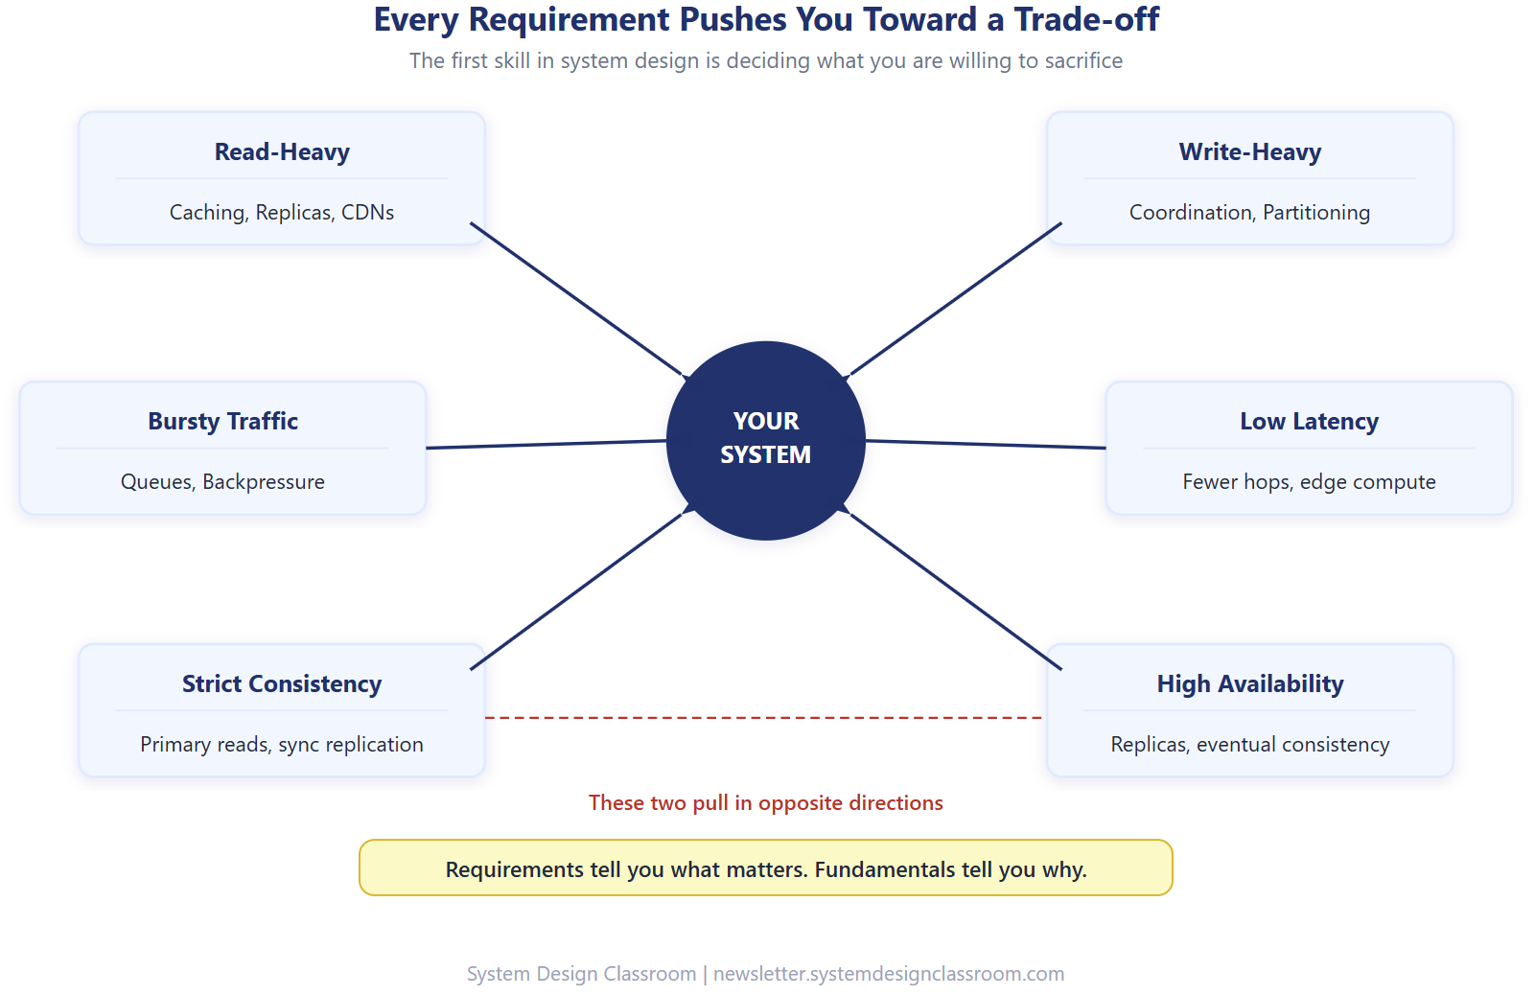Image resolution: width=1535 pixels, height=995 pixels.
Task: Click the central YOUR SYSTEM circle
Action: (x=765, y=440)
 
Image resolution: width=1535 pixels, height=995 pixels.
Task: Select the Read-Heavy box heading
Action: (x=282, y=152)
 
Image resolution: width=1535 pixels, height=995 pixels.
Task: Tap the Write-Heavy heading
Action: (x=1249, y=152)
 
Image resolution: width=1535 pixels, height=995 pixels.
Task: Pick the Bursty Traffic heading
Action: (x=222, y=422)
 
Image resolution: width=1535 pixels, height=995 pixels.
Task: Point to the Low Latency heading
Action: (x=1309, y=422)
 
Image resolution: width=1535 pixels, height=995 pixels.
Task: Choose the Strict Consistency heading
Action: (x=282, y=684)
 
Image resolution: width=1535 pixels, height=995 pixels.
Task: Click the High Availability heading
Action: (x=1249, y=684)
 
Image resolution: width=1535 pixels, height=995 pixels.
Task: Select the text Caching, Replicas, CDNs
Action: (x=282, y=213)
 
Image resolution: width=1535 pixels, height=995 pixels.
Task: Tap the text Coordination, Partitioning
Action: (x=1249, y=213)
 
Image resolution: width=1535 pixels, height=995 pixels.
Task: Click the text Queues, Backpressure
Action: (x=222, y=482)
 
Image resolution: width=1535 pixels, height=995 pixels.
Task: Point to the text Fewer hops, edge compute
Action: (x=1309, y=482)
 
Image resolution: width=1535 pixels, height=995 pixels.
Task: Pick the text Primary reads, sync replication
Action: (x=282, y=745)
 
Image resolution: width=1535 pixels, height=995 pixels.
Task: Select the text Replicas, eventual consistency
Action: (x=1249, y=745)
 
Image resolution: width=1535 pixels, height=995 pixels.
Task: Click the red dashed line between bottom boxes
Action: (x=764, y=717)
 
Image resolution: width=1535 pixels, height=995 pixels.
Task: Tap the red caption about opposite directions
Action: (x=765, y=803)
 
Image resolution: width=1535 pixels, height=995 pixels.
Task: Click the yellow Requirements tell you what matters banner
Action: (x=765, y=868)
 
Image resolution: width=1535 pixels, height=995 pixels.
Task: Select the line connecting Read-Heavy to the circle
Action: (x=575, y=298)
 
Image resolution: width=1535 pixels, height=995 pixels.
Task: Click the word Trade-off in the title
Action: (x=1086, y=20)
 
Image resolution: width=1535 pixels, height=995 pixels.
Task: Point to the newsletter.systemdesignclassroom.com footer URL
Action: (x=888, y=974)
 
